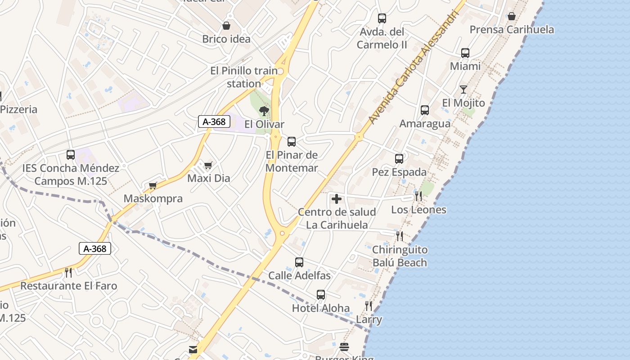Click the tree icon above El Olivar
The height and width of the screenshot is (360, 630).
264,111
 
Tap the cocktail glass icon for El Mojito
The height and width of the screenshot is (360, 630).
463,90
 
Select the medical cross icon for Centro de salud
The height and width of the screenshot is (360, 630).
336,199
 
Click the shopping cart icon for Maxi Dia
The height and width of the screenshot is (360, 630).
208,165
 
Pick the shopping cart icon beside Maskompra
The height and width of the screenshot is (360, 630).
153,185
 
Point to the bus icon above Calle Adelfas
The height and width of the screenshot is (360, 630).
299,262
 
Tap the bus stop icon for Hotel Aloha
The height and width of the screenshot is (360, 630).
321,295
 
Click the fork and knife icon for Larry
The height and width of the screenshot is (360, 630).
369,306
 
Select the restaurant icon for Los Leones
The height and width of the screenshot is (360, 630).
418,196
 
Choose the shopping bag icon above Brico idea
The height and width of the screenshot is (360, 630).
226,26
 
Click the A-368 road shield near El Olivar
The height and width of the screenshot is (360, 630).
214,121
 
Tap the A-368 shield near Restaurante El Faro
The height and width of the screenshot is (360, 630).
95,248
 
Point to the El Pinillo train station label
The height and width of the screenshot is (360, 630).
244,77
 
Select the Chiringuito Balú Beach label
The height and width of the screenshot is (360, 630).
400,256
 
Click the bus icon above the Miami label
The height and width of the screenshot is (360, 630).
465,53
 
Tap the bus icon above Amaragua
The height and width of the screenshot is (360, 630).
425,110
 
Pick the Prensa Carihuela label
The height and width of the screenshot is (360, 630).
512,30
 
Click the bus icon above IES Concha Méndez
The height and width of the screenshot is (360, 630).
71,155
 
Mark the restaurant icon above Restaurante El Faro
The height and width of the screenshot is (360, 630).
68,272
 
